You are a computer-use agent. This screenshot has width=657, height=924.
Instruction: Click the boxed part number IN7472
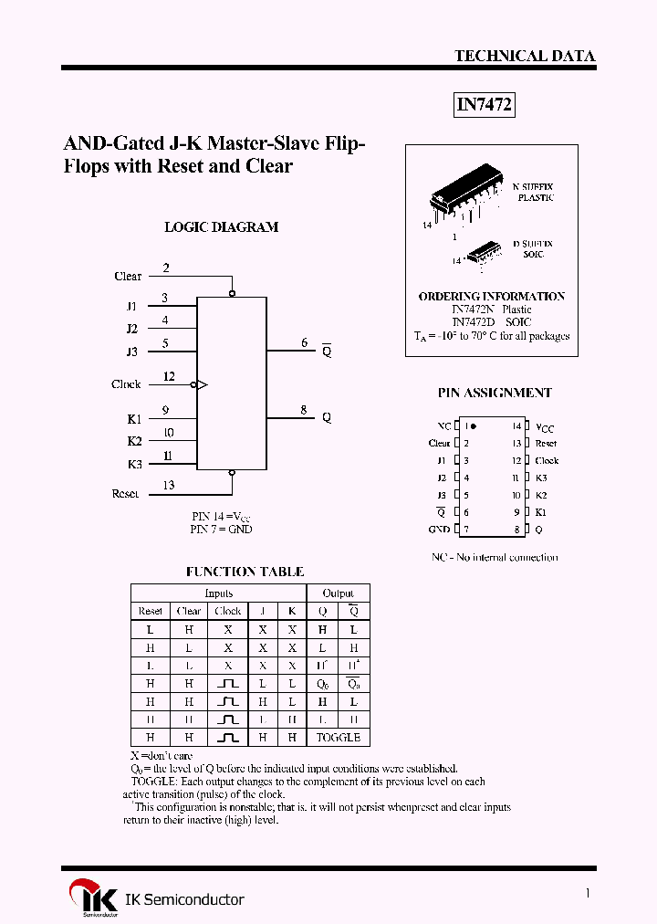(x=485, y=106)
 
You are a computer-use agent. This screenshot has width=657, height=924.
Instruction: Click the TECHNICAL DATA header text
(x=525, y=56)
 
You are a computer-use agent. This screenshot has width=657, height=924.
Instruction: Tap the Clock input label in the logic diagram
(x=126, y=384)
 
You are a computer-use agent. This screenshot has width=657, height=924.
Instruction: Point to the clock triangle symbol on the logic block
(x=203, y=385)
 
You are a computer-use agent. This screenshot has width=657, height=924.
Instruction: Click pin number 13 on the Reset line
(x=169, y=485)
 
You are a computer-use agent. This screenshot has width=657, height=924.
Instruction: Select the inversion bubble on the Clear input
(x=232, y=293)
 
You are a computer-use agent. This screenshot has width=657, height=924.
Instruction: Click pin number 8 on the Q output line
(x=304, y=410)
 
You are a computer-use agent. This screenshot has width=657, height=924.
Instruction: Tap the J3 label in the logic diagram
(x=132, y=352)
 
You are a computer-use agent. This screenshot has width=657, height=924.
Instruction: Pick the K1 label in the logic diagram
(x=134, y=419)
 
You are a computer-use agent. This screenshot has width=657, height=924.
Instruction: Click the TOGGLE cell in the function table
(x=338, y=737)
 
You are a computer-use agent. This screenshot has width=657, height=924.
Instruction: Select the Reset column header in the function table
(x=151, y=611)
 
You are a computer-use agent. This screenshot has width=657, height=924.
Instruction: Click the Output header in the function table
(x=338, y=593)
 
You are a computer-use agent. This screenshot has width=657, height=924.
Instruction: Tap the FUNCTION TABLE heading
(x=245, y=572)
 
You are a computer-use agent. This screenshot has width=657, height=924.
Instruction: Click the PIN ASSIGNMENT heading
(x=495, y=393)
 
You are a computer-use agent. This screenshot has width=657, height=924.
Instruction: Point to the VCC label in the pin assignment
(x=545, y=427)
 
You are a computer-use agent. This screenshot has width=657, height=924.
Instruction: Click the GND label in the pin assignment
(x=439, y=530)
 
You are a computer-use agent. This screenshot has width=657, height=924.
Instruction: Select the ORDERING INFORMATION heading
(x=491, y=296)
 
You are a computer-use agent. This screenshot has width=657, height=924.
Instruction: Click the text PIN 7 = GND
(x=222, y=529)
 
